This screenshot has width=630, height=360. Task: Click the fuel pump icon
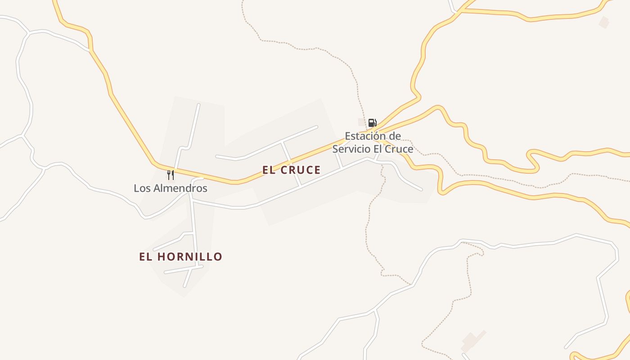click(x=372, y=122)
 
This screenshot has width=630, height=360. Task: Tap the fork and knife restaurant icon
click(x=171, y=175)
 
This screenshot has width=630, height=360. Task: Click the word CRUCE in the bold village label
click(x=301, y=170)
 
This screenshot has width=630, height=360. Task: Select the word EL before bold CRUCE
click(x=269, y=170)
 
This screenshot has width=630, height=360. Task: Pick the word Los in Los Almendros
click(x=141, y=188)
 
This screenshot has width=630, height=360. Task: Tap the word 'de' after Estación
click(x=395, y=136)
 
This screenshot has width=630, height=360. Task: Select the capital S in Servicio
click(x=335, y=149)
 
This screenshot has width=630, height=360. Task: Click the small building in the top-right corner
click(x=604, y=21)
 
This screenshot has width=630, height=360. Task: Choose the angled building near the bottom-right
click(x=472, y=341)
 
